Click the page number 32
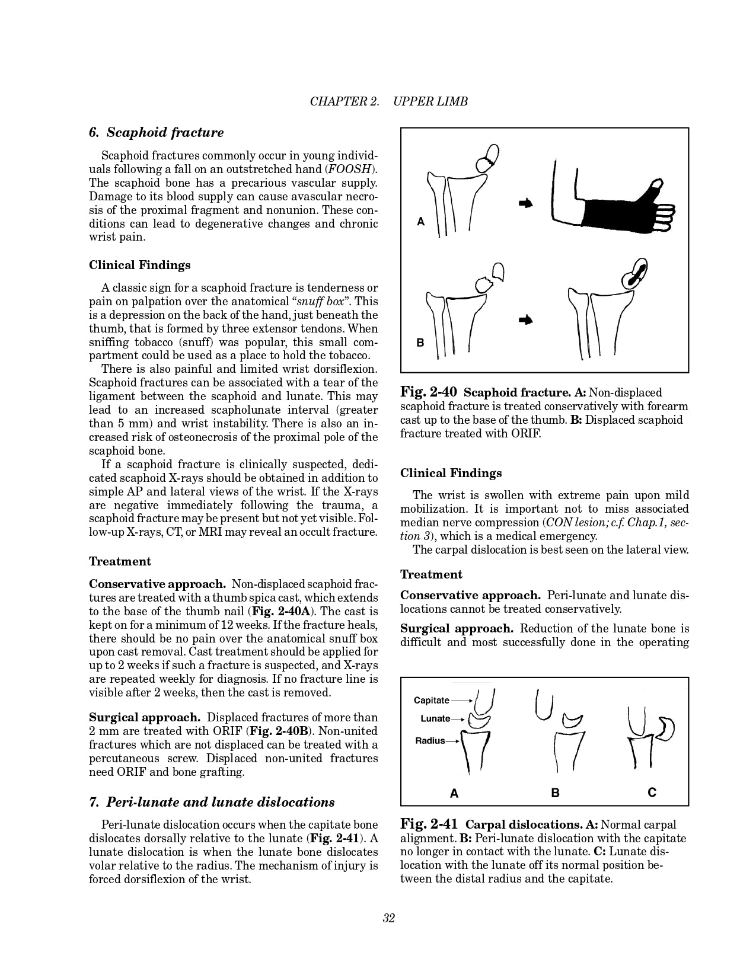coord(389,918)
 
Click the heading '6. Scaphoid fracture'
coord(156,133)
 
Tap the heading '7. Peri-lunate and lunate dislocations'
coord(212,803)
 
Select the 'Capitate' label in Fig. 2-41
coord(432,701)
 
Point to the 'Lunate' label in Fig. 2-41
coord(435,719)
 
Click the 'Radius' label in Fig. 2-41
coord(430,741)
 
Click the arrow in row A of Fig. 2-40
coord(525,203)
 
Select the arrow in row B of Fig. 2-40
coord(525,320)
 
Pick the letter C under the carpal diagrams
coord(652,792)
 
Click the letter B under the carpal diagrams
coord(555,792)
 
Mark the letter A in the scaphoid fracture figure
coord(421,222)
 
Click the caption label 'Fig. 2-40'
coord(428,392)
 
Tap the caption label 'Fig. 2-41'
coord(429,824)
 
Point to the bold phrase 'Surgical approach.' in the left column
coord(144,717)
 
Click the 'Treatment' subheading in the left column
coord(120,561)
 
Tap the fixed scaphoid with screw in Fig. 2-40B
coord(636,274)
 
